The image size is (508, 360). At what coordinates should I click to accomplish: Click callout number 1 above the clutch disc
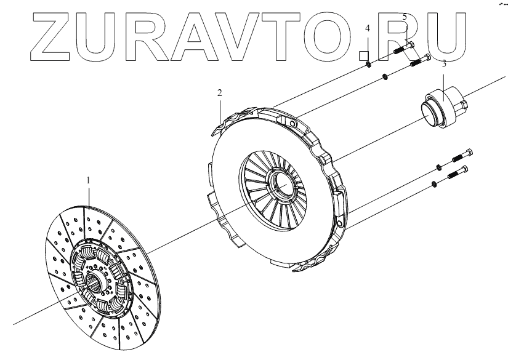click(89, 180)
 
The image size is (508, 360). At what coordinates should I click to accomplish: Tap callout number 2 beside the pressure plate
click(219, 93)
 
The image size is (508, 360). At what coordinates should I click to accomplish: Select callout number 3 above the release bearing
click(443, 63)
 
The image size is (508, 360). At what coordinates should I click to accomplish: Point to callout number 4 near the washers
click(368, 29)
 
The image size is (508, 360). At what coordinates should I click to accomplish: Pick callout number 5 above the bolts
click(404, 17)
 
